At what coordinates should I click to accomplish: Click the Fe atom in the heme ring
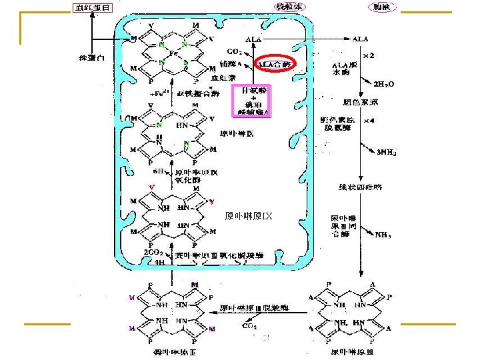coord(172,53)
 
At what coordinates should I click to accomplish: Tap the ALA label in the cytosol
coord(360,39)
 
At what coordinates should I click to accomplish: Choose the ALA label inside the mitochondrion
coord(253,39)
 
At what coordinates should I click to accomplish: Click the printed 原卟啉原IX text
coord(248,215)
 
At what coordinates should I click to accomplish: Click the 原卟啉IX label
coord(237,133)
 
